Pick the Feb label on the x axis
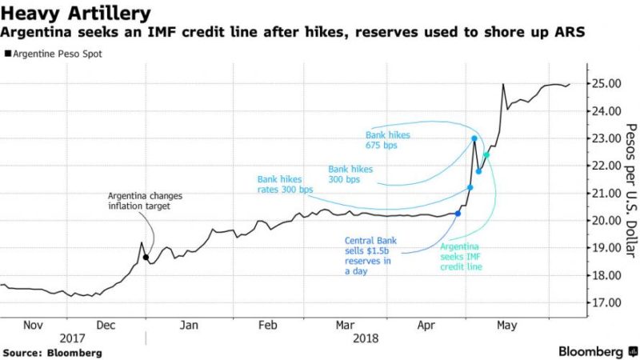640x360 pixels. click(268, 326)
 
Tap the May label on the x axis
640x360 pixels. click(506, 326)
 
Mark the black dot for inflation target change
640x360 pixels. click(145, 258)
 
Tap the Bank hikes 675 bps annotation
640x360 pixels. click(386, 141)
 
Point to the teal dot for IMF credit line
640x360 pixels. click(486, 155)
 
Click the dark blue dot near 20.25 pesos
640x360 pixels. click(458, 214)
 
